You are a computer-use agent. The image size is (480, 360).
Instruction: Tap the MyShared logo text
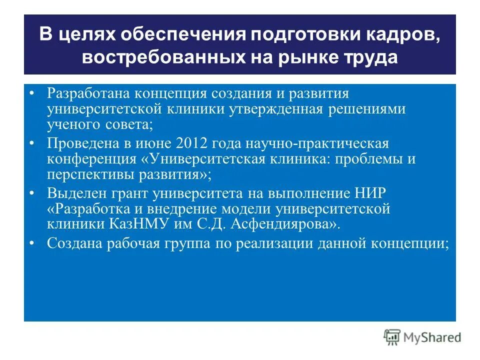tap(433, 337)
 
